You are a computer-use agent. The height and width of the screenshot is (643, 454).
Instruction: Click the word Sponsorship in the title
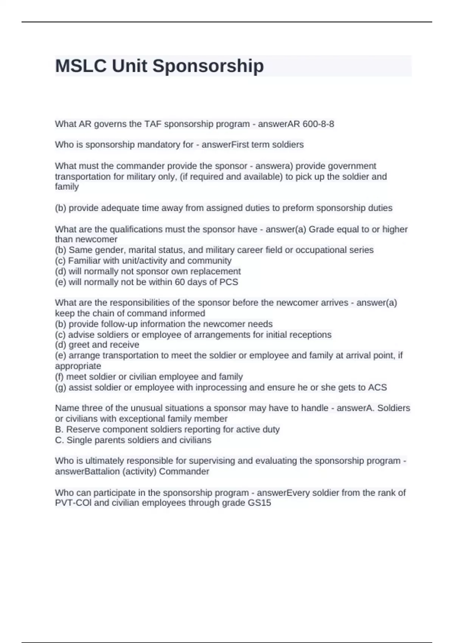(208, 66)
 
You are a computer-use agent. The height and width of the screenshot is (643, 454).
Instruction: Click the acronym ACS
(378, 388)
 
